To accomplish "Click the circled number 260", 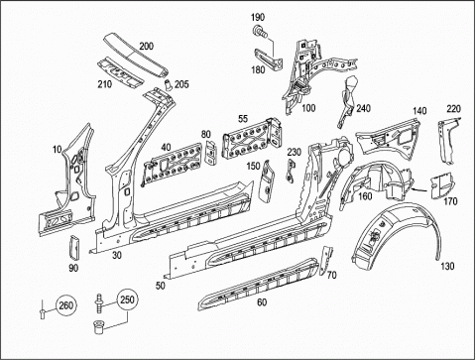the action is (65, 305).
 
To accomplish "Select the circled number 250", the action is (127, 300).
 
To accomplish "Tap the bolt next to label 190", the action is (260, 31).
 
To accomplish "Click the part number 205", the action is (181, 84).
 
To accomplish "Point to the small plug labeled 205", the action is (169, 84).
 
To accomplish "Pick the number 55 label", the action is (243, 119).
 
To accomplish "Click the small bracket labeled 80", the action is (210, 152).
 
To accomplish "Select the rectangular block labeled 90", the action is (73, 247).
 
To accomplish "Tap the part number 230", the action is (294, 152).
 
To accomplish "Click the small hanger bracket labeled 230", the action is (291, 171).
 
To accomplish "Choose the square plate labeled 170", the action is (442, 186).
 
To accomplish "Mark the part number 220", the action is (454, 108).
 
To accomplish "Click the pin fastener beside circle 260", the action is (43, 309).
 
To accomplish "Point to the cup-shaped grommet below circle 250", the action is (98, 327).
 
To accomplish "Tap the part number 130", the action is (447, 266).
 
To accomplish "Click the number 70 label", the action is (331, 275).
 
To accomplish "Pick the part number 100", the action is (308, 108).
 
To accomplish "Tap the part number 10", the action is (57, 150).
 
